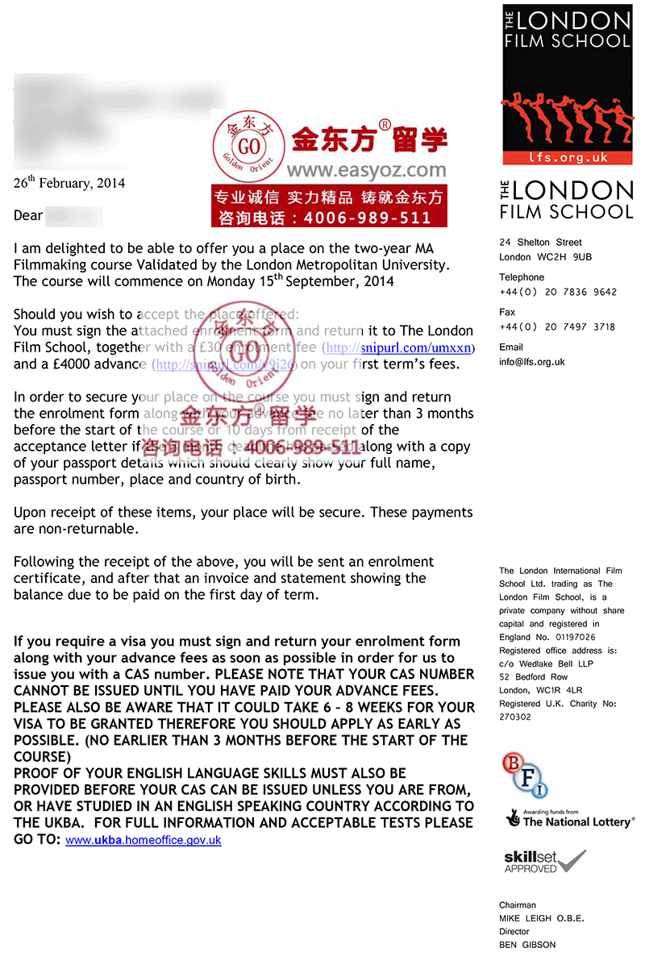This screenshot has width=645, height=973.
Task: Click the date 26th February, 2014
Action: tap(69, 183)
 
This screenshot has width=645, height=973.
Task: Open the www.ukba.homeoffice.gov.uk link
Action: tap(144, 840)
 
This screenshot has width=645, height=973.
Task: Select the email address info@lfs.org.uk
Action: tap(532, 362)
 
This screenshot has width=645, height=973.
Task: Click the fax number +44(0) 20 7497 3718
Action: tap(557, 326)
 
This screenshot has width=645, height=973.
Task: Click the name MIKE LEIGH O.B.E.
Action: tap(541, 918)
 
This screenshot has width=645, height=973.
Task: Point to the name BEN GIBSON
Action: tap(527, 945)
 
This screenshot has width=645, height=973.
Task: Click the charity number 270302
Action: tap(515, 717)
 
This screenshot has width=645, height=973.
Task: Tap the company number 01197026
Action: tap(569, 637)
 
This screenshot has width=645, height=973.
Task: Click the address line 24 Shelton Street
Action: tap(540, 242)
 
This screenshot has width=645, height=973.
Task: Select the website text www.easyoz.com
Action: tap(366, 170)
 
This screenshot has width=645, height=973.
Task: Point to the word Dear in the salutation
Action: tap(28, 215)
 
